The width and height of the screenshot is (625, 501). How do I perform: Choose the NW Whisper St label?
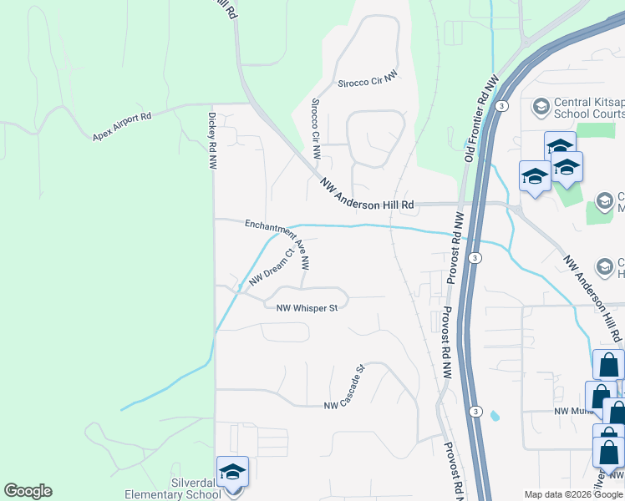point(307,307)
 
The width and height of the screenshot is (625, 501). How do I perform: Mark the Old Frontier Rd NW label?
point(481,117)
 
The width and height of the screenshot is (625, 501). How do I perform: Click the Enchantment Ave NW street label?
point(278,242)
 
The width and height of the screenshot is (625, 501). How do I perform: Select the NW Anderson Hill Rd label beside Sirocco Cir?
point(367,193)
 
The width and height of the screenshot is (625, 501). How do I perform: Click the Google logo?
point(28,491)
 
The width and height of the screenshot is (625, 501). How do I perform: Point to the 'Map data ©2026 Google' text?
point(573,494)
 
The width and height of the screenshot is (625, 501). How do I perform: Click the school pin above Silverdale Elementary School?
point(232,473)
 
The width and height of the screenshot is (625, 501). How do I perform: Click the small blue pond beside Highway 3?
point(495,414)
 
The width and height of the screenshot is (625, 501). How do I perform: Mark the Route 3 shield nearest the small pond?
point(475,412)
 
